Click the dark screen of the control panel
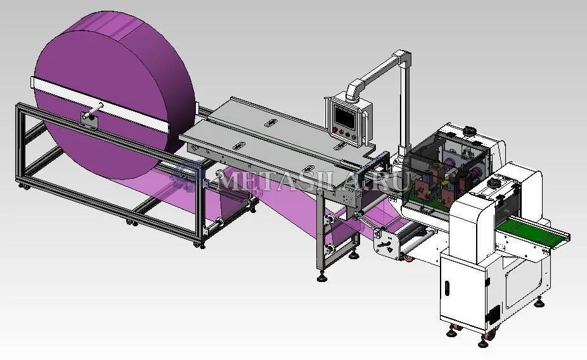click(345, 117)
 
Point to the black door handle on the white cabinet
click(447, 287)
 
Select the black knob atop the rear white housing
click(468, 131)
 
